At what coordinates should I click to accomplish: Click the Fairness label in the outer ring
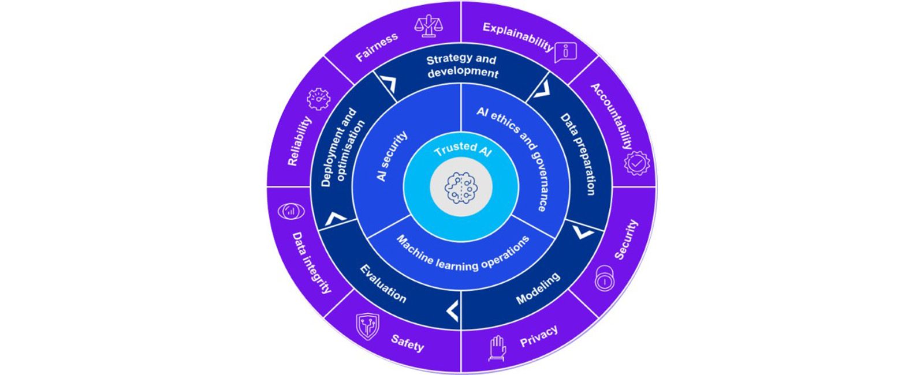[377, 47]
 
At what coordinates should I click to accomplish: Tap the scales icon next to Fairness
[428, 25]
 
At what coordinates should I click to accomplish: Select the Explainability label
[517, 36]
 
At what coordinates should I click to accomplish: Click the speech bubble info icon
[565, 52]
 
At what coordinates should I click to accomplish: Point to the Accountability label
[612, 116]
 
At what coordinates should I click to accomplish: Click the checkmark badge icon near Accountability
[636, 164]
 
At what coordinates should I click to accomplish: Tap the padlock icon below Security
[604, 280]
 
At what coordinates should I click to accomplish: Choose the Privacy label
[539, 336]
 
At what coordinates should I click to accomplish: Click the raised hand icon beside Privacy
[497, 348]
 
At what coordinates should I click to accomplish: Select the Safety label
[407, 343]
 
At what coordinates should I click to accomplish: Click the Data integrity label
[311, 262]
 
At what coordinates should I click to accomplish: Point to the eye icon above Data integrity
[290, 211]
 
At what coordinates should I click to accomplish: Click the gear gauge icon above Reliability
[318, 99]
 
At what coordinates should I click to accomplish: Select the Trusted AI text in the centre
[463, 149]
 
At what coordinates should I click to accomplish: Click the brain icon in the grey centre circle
[461, 187]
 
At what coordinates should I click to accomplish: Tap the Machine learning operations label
[463, 254]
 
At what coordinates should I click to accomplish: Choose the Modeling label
[538, 288]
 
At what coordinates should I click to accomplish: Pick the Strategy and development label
[462, 66]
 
